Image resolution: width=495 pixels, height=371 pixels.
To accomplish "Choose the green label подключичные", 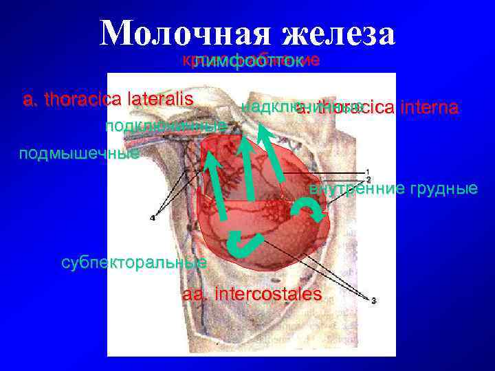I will (166, 126).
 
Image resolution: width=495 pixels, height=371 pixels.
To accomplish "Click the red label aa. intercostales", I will (252, 295).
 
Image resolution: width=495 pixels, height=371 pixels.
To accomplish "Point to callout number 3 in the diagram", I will (373, 300).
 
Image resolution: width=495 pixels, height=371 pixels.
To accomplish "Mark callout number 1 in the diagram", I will (368, 171).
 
